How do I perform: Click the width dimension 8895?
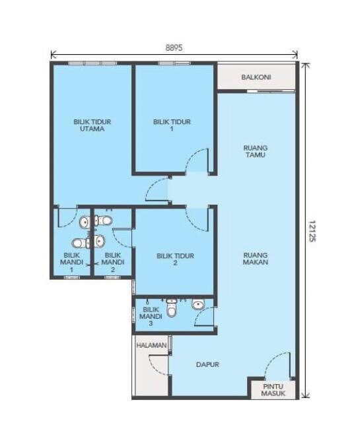[174, 48]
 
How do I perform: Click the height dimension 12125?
[312, 231]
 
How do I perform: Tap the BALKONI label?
[256, 77]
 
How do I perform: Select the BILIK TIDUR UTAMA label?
[92, 125]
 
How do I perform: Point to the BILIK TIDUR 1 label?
[172, 125]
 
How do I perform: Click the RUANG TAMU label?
[256, 151]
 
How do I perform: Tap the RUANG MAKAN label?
[256, 259]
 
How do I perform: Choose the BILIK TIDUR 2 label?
[175, 259]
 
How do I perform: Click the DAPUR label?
[207, 364]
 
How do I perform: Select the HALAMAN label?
[151, 345]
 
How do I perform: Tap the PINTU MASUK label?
[273, 389]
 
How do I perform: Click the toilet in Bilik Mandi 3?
[171, 308]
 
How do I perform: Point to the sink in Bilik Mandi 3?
[198, 304]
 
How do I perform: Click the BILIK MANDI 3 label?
[151, 316]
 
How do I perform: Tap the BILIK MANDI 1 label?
[71, 262]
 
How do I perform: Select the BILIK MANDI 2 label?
[113, 262]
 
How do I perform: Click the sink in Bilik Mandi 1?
[85, 222]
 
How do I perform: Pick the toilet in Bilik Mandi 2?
[104, 221]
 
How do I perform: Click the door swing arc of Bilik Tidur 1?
[196, 160]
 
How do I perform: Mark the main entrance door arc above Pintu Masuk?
[276, 366]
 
